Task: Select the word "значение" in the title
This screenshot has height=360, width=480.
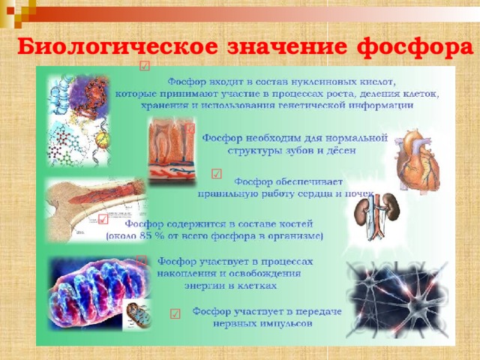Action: point(285,46)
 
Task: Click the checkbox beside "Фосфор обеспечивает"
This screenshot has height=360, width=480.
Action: point(216,175)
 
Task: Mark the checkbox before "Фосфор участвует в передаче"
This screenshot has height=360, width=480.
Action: point(174,313)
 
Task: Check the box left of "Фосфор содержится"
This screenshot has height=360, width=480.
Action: point(103,219)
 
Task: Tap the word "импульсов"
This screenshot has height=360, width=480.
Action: point(285,324)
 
